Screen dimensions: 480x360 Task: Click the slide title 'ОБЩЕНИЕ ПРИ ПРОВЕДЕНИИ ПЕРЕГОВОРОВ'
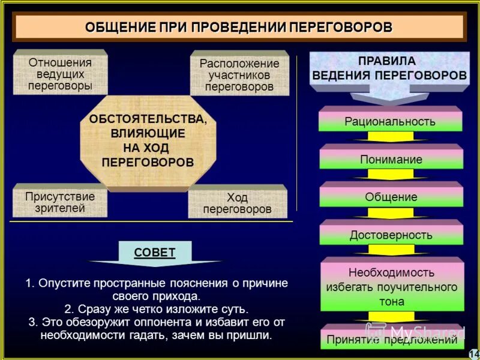pos(239,28)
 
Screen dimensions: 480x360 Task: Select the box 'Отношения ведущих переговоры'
pos(60,74)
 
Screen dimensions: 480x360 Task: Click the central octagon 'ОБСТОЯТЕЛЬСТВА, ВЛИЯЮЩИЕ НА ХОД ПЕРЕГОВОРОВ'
pos(148,140)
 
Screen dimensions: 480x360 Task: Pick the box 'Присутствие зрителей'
pos(60,202)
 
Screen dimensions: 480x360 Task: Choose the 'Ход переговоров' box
pos(237,203)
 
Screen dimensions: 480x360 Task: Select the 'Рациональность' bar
pos(390,121)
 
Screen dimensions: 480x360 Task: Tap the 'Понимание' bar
pos(391,159)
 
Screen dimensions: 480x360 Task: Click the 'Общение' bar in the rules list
pos(391,196)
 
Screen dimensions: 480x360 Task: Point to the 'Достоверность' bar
pos(391,235)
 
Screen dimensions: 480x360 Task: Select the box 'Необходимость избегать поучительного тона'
pos(391,286)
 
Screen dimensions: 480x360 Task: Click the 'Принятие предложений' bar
pos(391,340)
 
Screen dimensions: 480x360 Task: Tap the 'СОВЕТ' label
pos(155,252)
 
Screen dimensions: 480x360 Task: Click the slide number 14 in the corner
pos(473,353)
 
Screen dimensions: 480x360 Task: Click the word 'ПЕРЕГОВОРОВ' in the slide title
pos(341,28)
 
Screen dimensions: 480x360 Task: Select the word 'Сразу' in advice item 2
pos(90,309)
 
